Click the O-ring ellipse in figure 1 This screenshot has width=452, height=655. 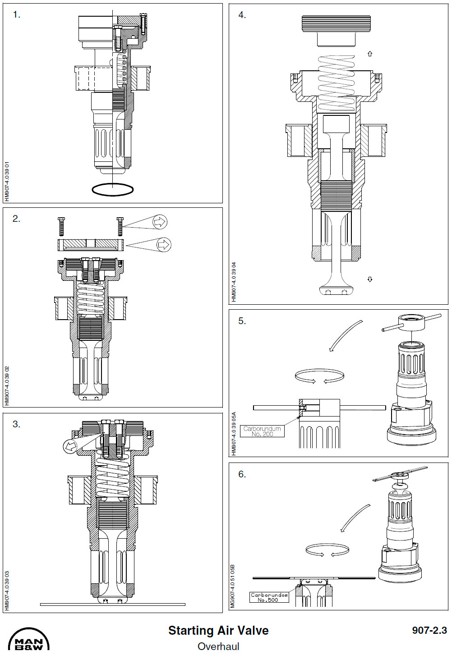click(x=112, y=190)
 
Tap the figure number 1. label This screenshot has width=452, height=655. click(x=17, y=15)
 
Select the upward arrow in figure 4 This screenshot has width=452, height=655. click(x=370, y=54)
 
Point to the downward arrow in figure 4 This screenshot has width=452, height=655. click(x=370, y=279)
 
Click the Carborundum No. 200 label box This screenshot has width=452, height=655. click(x=262, y=431)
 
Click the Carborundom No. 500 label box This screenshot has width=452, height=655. click(x=269, y=597)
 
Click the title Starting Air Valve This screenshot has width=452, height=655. click(x=218, y=630)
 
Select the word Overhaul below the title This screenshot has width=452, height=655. click(x=218, y=646)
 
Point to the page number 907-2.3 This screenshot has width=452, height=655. click(x=429, y=630)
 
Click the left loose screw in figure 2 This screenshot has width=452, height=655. click(x=61, y=226)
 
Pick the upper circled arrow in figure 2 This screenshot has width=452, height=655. click(x=160, y=221)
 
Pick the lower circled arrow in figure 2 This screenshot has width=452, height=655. click(x=163, y=244)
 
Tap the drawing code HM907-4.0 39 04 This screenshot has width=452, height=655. click(x=234, y=282)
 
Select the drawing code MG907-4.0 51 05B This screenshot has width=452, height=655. click(x=233, y=586)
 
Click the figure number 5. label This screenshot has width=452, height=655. click(x=242, y=321)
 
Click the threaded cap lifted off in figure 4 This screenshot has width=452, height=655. click(x=336, y=31)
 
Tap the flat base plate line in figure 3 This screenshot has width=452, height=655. click(x=112, y=605)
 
